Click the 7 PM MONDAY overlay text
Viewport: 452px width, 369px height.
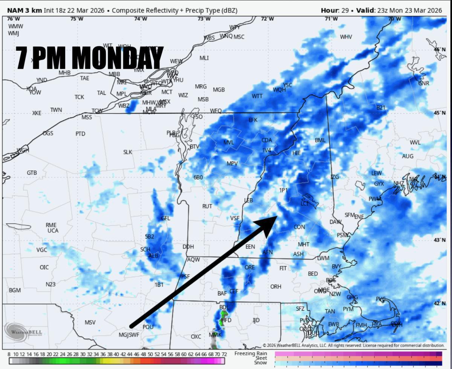[90, 58]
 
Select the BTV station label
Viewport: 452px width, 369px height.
[194, 146]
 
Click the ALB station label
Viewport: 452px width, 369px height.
[153, 256]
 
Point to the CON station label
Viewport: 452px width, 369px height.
[299, 227]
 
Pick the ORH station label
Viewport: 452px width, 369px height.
[276, 287]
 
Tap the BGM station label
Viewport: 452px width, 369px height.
[15, 290]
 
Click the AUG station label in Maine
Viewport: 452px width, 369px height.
[408, 156]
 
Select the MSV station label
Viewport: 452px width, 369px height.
[90, 322]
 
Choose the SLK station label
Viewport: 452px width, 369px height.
[128, 152]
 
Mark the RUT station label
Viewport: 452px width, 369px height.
[207, 206]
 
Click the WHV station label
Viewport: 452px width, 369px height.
[346, 37]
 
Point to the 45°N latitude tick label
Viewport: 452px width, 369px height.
[438, 113]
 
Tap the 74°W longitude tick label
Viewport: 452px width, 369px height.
[140, 19]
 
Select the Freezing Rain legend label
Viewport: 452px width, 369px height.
[250, 354]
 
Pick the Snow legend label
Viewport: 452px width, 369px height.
[261, 363]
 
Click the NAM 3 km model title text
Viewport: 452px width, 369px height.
[24, 10]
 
